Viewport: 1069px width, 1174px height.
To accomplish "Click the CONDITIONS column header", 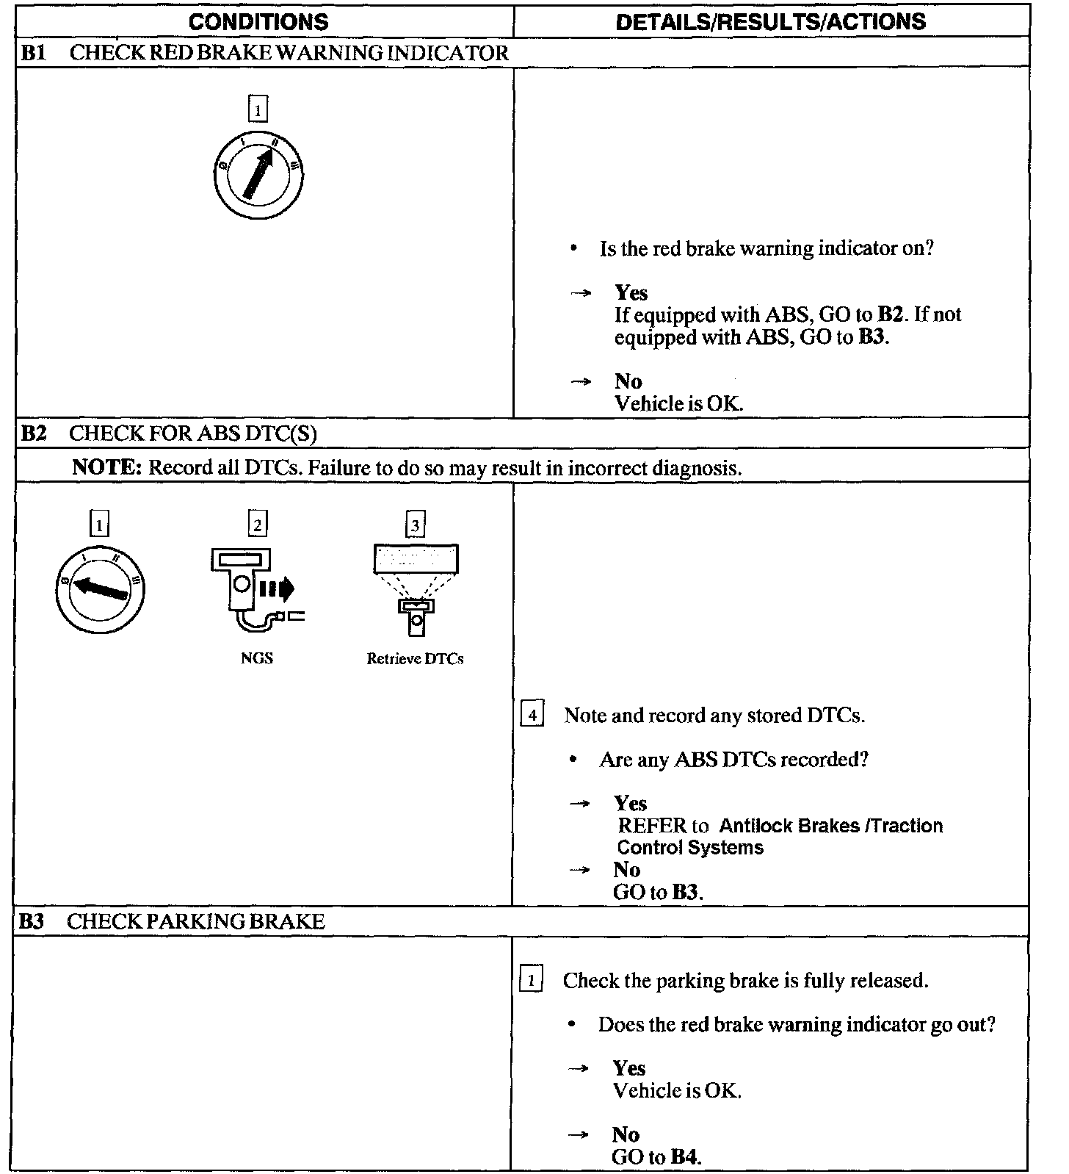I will pyautogui.click(x=258, y=21).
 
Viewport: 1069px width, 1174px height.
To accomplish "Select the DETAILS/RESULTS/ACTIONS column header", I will pyautogui.click(x=770, y=21).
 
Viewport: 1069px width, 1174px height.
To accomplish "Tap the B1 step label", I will pyautogui.click(x=33, y=53).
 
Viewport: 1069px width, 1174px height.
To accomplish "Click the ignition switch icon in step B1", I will pyautogui.click(x=258, y=174).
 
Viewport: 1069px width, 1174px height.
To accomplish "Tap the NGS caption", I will pyautogui.click(x=257, y=658).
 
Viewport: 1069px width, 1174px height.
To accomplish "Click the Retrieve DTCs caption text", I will pyautogui.click(x=415, y=659).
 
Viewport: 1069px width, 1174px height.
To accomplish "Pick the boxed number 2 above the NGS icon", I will pyautogui.click(x=257, y=525).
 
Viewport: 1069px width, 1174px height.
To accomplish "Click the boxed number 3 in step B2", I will pyautogui.click(x=416, y=525).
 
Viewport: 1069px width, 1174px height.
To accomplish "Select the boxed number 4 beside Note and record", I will pyautogui.click(x=532, y=715).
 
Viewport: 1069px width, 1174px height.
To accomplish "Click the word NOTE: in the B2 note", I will pyautogui.click(x=106, y=468).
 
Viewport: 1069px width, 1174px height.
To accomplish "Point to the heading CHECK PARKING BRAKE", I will pyautogui.click(x=195, y=921).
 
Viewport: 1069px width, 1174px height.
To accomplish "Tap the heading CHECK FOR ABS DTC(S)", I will pyautogui.click(x=193, y=433).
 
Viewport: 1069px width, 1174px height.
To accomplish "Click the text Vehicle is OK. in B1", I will pyautogui.click(x=678, y=403).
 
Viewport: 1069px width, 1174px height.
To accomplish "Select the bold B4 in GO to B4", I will pyautogui.click(x=684, y=1157).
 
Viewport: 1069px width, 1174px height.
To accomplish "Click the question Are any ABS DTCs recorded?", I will pyautogui.click(x=733, y=759).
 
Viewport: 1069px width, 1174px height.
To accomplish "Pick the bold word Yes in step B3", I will pyautogui.click(x=629, y=1068).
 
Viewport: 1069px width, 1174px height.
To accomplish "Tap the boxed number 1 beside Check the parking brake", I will pyautogui.click(x=531, y=980).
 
